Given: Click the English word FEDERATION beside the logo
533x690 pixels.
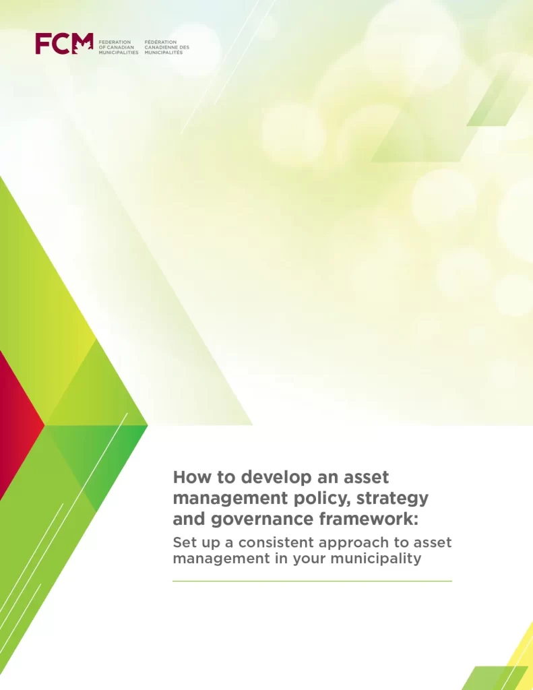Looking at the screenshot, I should pos(115,42).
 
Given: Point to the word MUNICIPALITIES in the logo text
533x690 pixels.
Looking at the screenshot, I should pos(119,53).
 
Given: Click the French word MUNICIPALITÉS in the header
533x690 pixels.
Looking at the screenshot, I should pos(164,53).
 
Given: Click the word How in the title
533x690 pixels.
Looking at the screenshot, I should pos(189,478).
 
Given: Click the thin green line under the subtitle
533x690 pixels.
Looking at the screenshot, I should pos(312,581).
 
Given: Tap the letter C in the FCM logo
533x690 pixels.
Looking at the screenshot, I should pos(62,44).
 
